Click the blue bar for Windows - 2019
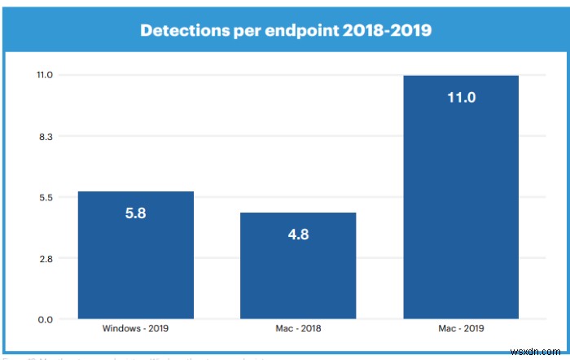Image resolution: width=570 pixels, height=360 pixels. (x=135, y=269)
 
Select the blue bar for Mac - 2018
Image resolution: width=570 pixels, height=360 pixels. (x=298, y=277)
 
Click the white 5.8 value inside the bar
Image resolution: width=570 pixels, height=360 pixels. (x=135, y=213)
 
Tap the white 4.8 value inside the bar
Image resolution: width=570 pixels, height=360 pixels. (x=298, y=235)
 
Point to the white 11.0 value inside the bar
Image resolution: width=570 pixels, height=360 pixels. (x=461, y=98)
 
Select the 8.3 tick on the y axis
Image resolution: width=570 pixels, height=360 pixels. (x=46, y=137)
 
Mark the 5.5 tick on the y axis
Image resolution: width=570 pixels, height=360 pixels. (x=46, y=198)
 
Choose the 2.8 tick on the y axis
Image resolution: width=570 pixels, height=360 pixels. (x=46, y=259)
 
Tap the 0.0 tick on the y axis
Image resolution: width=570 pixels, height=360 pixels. (x=46, y=319)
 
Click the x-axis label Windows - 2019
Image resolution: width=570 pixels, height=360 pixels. (x=135, y=328)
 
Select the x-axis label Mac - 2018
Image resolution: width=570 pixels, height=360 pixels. (x=298, y=328)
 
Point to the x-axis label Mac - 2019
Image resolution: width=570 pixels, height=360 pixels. (x=461, y=328)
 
